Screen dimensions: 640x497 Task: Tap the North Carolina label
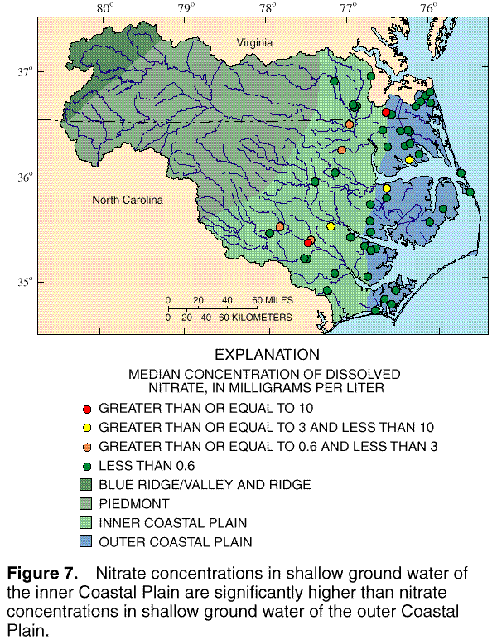[x=128, y=201]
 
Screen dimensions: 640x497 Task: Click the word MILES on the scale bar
[x=269, y=300]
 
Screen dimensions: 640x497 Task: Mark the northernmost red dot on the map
[x=386, y=112]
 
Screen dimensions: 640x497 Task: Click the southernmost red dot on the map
[x=308, y=243]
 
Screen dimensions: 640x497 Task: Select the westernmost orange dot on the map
[x=280, y=226]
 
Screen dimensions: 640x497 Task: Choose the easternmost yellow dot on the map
[x=409, y=160]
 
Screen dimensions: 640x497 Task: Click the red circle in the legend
[x=86, y=409]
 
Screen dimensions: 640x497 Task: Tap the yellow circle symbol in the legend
[x=86, y=428]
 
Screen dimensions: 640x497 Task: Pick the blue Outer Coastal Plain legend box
[x=86, y=542]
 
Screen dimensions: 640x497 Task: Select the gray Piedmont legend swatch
[x=86, y=503]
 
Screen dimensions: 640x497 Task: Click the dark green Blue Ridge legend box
[x=86, y=484]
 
